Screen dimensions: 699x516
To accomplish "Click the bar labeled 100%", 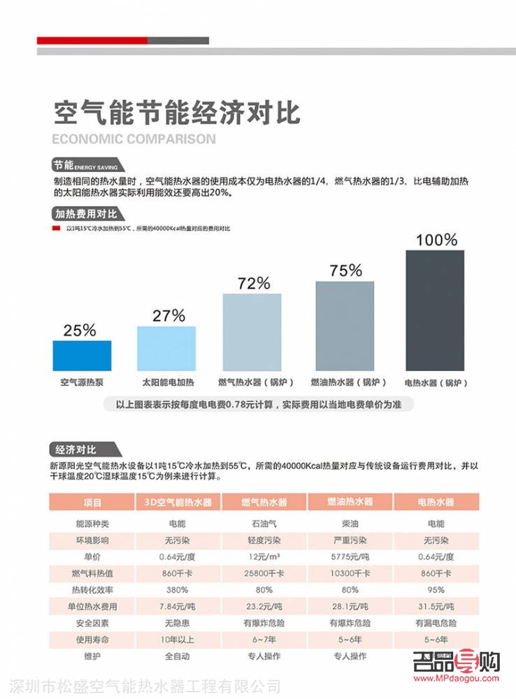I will [435, 310].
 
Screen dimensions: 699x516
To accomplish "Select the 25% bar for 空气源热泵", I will [82, 356].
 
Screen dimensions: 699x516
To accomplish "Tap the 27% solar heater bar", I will [166, 348].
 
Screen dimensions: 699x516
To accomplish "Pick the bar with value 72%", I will [252, 332].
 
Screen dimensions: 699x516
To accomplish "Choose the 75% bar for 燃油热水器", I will [345, 326].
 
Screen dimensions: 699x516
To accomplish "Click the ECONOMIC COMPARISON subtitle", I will [134, 138].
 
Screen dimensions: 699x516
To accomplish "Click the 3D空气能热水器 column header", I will [178, 502].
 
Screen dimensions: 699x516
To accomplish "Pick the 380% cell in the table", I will [178, 589].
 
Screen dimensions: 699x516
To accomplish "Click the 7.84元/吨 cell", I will [178, 606].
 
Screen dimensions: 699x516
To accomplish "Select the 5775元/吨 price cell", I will [350, 556].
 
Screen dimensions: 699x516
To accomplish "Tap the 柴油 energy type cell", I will [350, 523].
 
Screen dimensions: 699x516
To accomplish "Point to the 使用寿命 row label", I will [92, 640].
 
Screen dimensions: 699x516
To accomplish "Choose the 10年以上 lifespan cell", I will [178, 640].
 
